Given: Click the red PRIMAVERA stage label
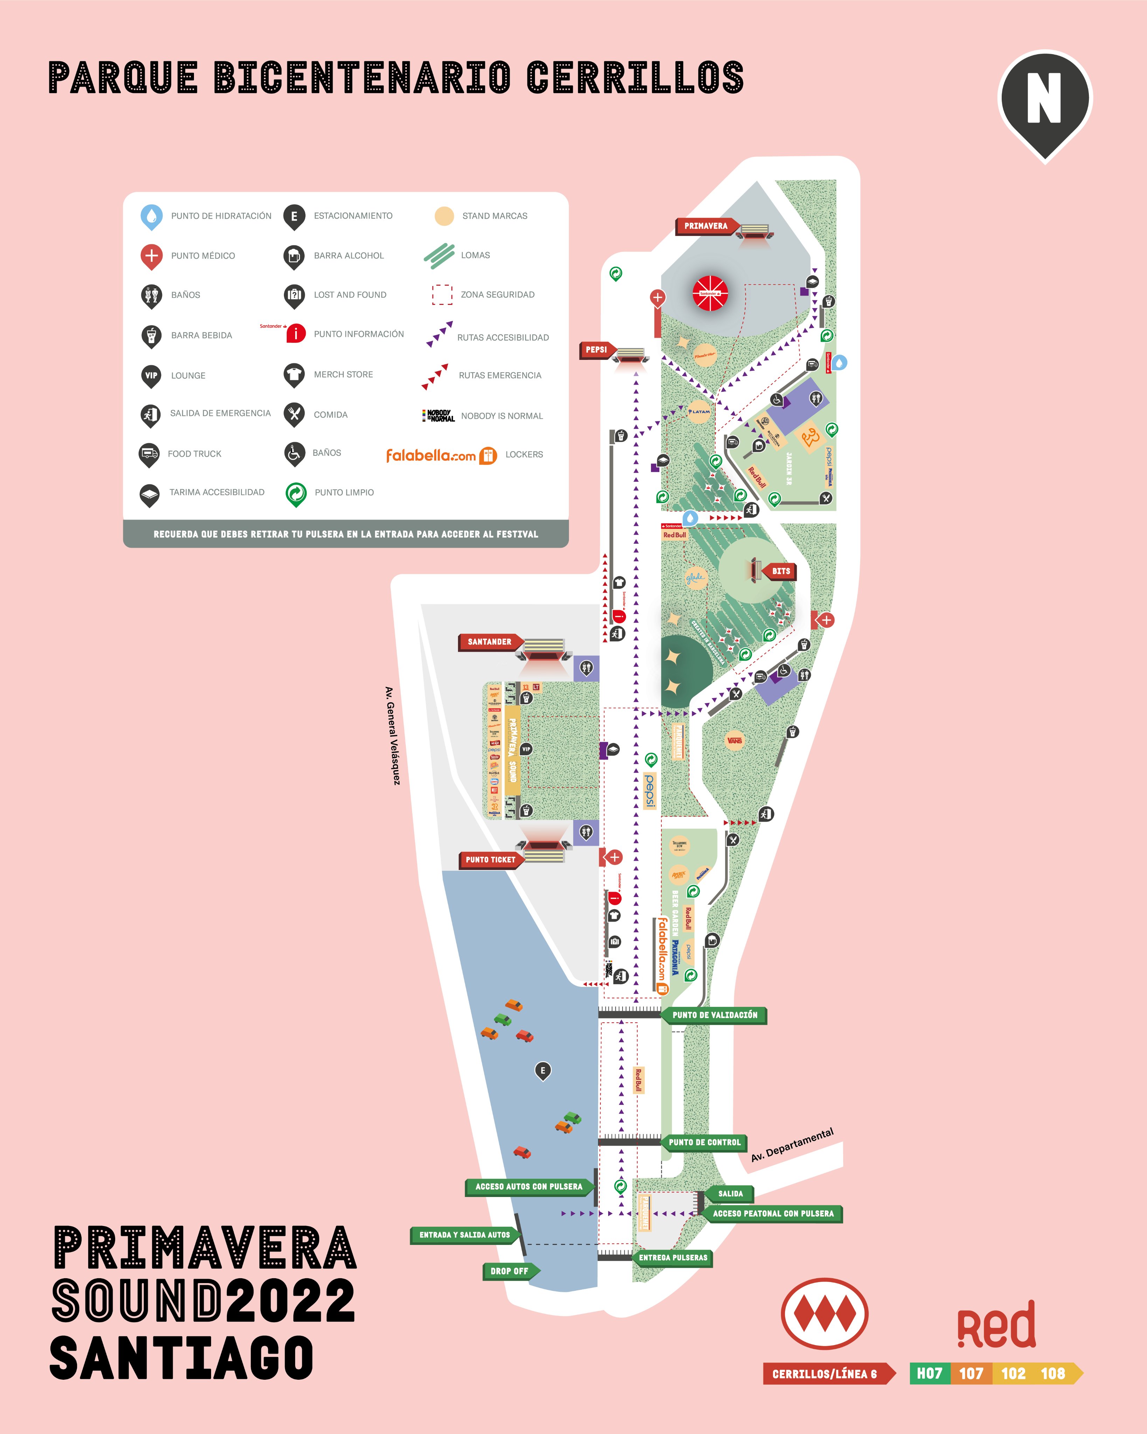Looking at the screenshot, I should pyautogui.click(x=706, y=226).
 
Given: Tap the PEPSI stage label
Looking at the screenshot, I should pyautogui.click(x=596, y=350).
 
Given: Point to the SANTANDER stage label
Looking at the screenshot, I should pyautogui.click(x=490, y=642).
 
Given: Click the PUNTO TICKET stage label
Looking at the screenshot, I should pyautogui.click(x=490, y=859).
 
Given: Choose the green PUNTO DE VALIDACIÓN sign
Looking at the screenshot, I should pyautogui.click(x=715, y=1015).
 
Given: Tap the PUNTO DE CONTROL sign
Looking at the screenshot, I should pyautogui.click(x=704, y=1142).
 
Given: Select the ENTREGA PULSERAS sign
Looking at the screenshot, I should pyautogui.click(x=673, y=1258).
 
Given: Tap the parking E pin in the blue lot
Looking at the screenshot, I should pyautogui.click(x=543, y=1070).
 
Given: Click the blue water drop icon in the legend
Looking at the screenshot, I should pyautogui.click(x=152, y=216).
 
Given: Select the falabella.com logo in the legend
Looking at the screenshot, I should pyautogui.click(x=431, y=455).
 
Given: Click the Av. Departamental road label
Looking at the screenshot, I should pyautogui.click(x=792, y=1145).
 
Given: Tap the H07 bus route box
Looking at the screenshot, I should pyautogui.click(x=930, y=1373).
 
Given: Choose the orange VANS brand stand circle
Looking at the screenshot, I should pyautogui.click(x=735, y=740).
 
